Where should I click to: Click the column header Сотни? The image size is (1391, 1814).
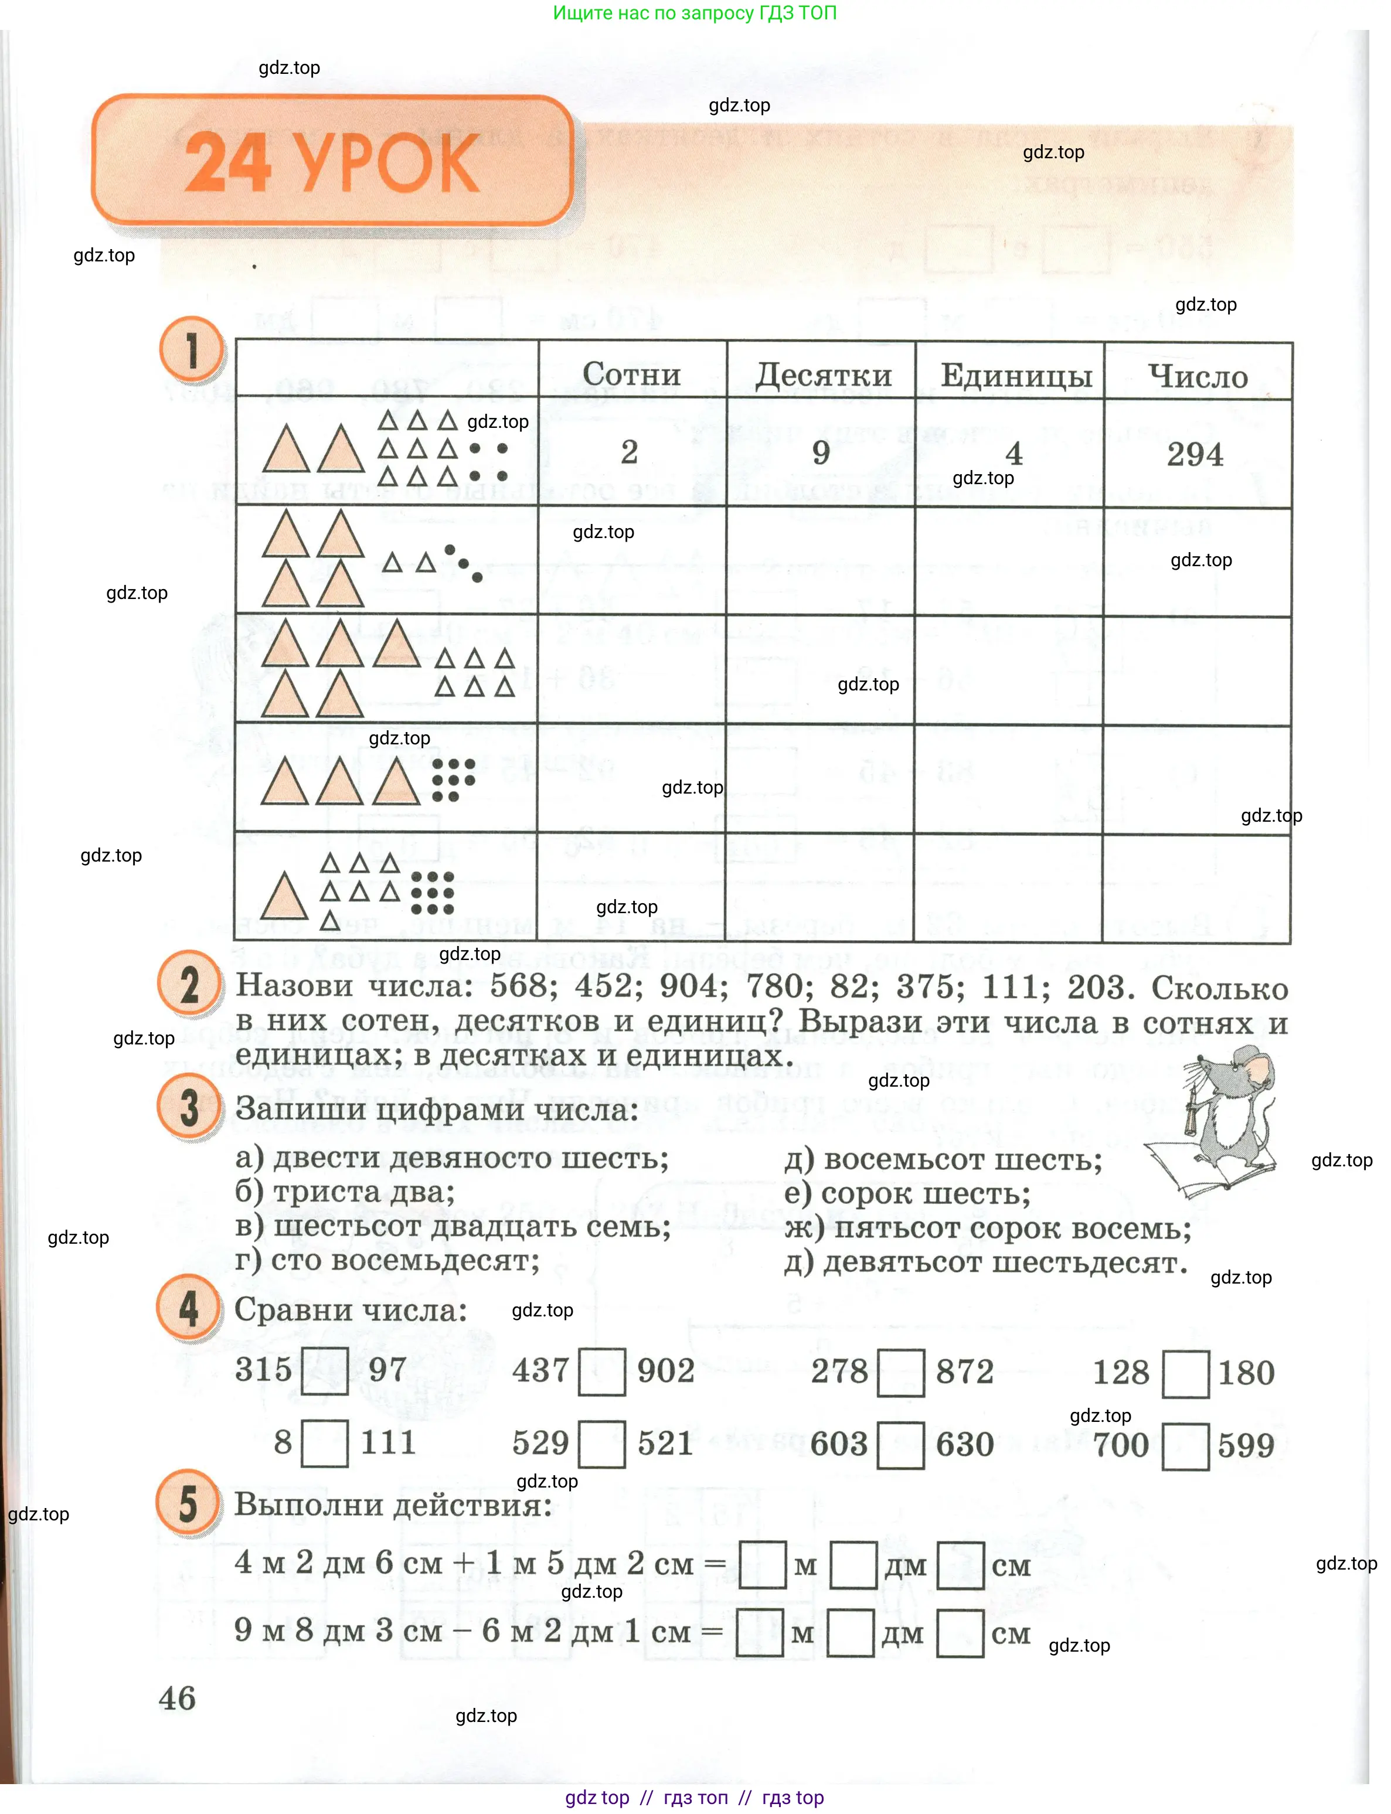632,373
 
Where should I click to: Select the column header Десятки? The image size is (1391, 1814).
823,375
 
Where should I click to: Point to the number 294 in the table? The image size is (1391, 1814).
1195,454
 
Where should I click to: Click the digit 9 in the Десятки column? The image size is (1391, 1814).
821,452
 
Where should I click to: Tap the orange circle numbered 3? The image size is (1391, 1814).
189,1108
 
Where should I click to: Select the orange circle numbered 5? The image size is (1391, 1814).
188,1503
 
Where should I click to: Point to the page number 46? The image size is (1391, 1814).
177,1698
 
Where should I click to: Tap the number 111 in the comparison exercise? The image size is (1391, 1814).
387,1443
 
